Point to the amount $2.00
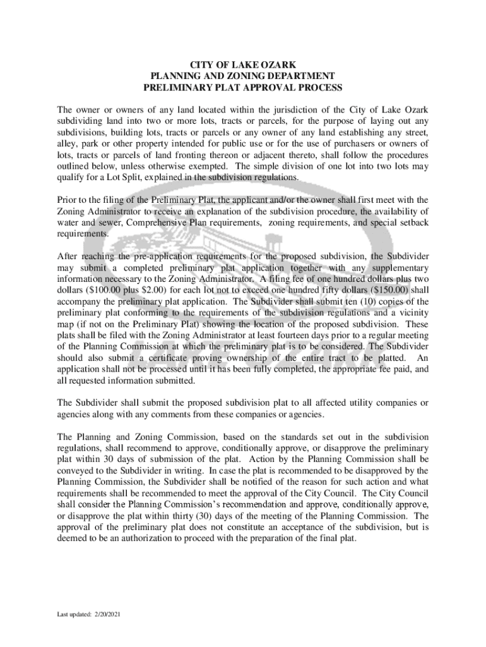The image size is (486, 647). pos(157,289)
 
